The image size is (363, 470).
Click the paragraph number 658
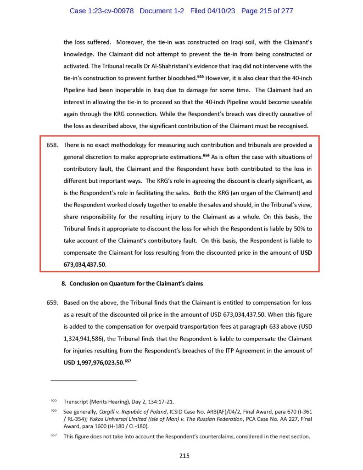pyautogui.click(x=52, y=145)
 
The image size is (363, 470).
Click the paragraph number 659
pyautogui.click(x=52, y=303)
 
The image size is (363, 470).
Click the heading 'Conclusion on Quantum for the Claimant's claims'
pyautogui.click(x=136, y=284)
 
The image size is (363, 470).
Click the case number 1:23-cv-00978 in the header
pyautogui.click(x=102, y=11)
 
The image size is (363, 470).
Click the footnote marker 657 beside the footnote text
pyautogui.click(x=54, y=436)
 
